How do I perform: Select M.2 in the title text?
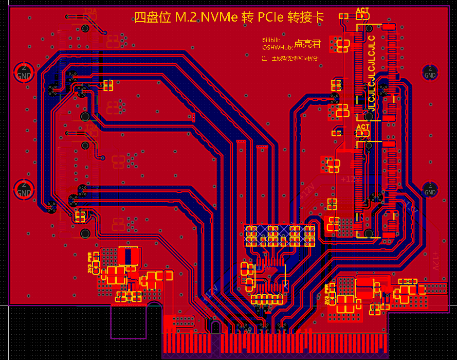(x=185, y=18)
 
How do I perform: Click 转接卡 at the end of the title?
(x=308, y=18)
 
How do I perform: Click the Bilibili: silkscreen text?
(x=271, y=40)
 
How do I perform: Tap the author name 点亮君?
(x=307, y=45)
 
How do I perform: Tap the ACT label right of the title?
(x=362, y=11)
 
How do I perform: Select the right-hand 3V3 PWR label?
(x=327, y=294)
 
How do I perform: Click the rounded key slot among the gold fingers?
(x=215, y=327)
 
